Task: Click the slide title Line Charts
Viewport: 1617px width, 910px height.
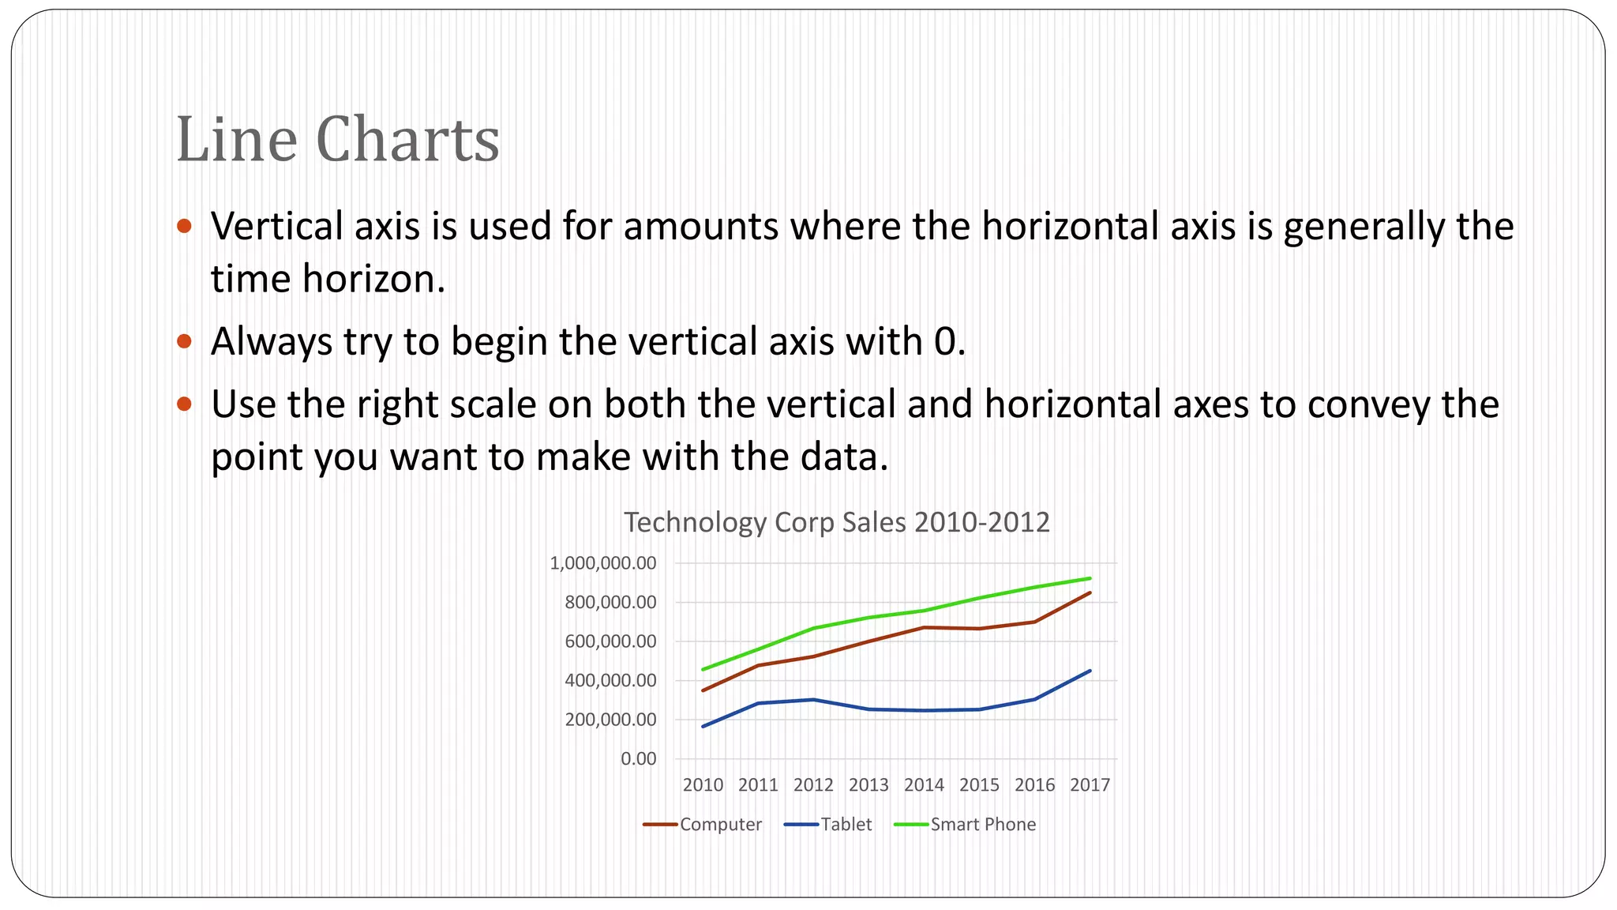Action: pyautogui.click(x=338, y=140)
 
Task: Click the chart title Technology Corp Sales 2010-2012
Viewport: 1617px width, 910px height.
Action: pyautogui.click(x=836, y=523)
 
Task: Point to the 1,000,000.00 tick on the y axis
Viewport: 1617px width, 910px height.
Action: pyautogui.click(x=603, y=563)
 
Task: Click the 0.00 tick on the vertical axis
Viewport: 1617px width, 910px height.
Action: pyautogui.click(x=638, y=759)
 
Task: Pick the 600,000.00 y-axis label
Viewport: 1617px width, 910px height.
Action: pyautogui.click(x=610, y=641)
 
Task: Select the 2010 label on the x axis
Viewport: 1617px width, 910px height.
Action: pyautogui.click(x=703, y=785)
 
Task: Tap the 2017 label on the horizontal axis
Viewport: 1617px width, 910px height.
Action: pyautogui.click(x=1090, y=785)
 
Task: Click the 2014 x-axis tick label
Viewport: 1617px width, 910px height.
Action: pyautogui.click(x=924, y=785)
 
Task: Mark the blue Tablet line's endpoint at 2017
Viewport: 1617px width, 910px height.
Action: pyautogui.click(x=1090, y=671)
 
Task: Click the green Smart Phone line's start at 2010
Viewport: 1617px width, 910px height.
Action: pyautogui.click(x=703, y=670)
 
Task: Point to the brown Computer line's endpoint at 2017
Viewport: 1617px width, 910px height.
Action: pyautogui.click(x=1090, y=592)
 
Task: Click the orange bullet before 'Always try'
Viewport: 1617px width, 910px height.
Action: pyautogui.click(x=185, y=341)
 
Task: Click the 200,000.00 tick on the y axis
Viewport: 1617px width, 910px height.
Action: pyautogui.click(x=610, y=720)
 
